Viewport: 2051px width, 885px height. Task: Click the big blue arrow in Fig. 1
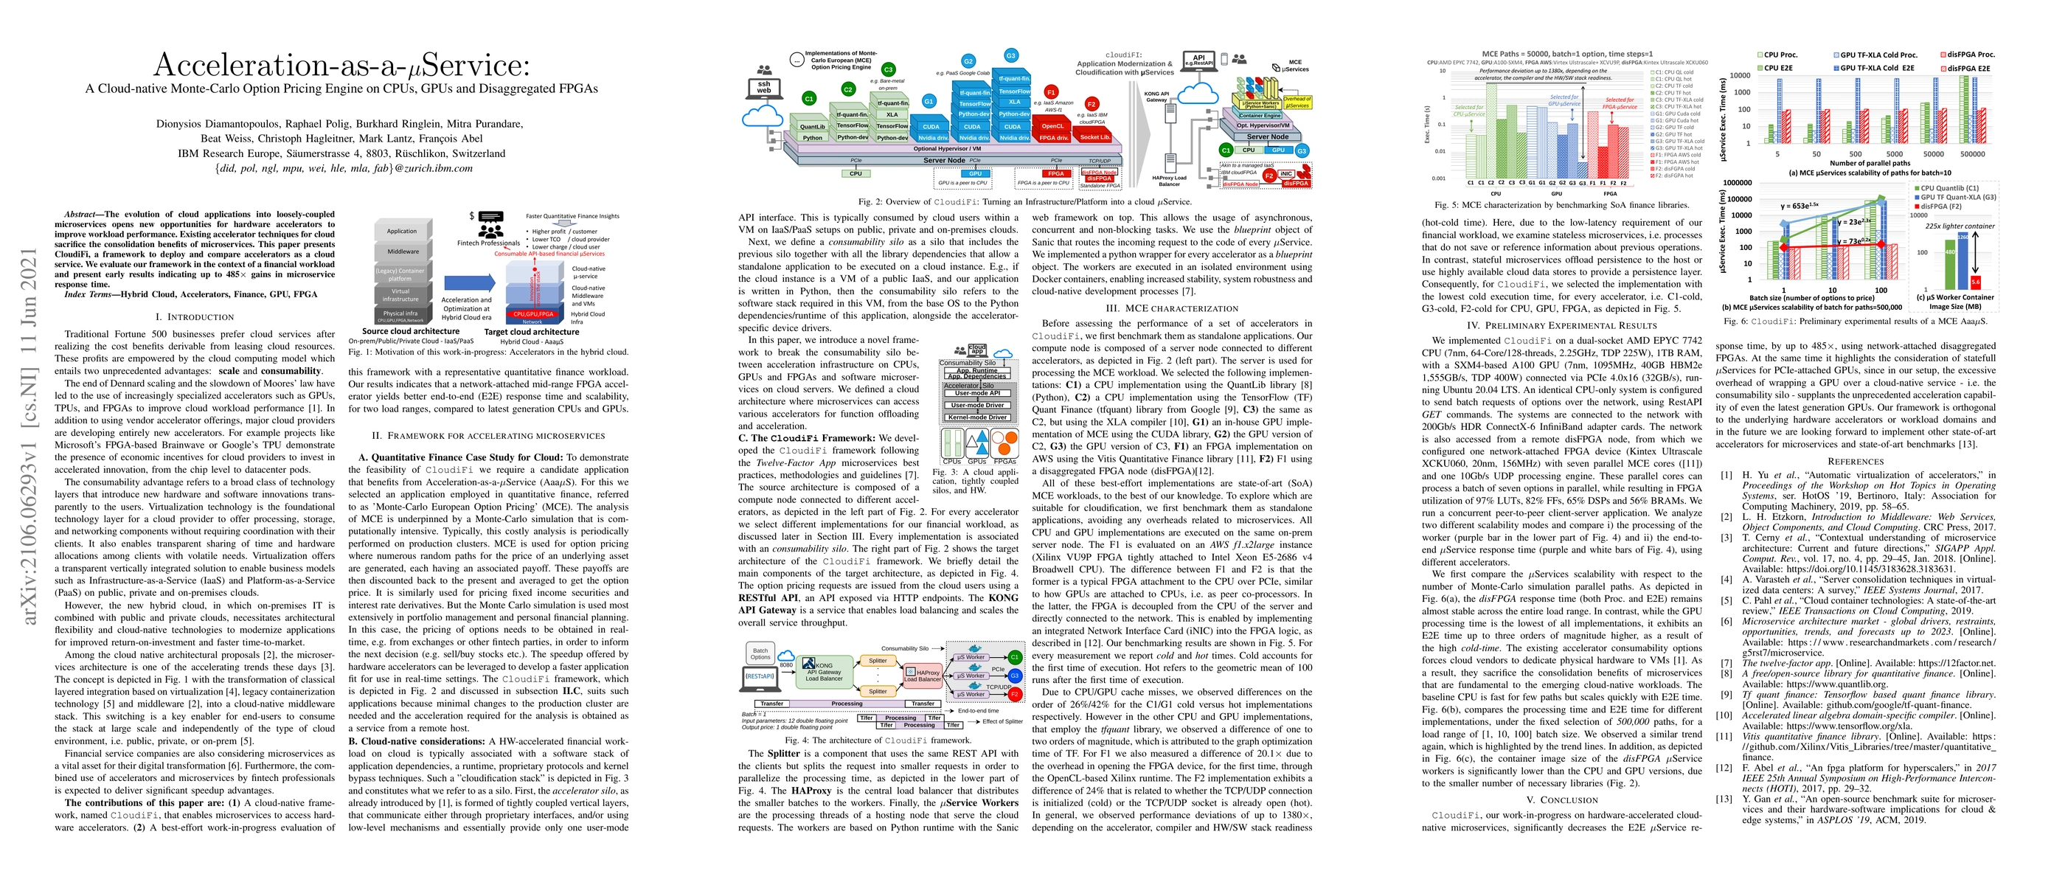[468, 282]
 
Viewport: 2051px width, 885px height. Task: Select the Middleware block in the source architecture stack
[403, 251]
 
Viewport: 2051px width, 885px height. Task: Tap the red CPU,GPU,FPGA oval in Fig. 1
[532, 314]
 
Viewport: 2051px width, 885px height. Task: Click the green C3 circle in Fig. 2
[888, 70]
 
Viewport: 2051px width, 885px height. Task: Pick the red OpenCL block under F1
[1052, 126]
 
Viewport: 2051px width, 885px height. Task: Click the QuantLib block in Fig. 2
[812, 127]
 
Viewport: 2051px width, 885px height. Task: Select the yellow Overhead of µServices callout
[1297, 102]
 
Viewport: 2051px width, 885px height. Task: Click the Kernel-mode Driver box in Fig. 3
[977, 417]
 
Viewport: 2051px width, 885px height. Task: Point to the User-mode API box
[977, 393]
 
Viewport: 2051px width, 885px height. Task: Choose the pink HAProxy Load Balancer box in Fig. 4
[922, 676]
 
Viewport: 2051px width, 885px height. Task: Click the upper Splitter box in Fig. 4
[878, 661]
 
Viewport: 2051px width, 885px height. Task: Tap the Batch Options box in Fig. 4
[760, 653]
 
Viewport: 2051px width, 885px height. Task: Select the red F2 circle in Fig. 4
[1014, 694]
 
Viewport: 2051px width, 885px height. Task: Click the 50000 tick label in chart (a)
[1933, 154]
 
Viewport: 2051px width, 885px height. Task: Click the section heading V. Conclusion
[1562, 800]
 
